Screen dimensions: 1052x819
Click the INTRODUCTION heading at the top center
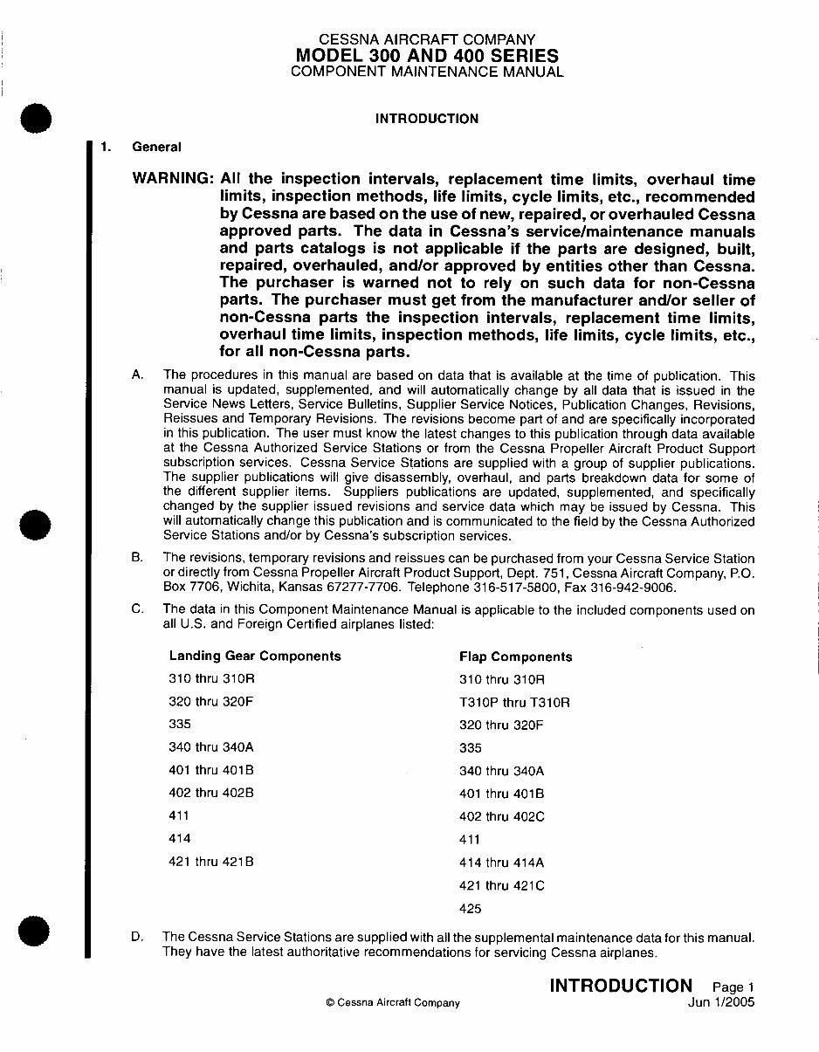426,119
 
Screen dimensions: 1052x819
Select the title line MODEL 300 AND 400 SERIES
427,56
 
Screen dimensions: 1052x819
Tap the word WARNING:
172,178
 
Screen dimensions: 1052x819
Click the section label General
156,147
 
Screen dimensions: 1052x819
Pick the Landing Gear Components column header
255,656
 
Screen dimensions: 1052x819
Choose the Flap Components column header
515,657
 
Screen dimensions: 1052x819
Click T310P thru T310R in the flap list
514,702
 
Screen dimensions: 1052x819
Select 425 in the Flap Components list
470,908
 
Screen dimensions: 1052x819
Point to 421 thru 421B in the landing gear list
210,862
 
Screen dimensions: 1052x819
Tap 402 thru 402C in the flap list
501,816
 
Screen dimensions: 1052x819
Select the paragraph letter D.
137,937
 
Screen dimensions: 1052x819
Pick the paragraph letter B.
137,557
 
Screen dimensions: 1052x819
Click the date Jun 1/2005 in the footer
721,1002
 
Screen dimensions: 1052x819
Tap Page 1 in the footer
733,987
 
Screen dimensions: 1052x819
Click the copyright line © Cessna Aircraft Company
392,1003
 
